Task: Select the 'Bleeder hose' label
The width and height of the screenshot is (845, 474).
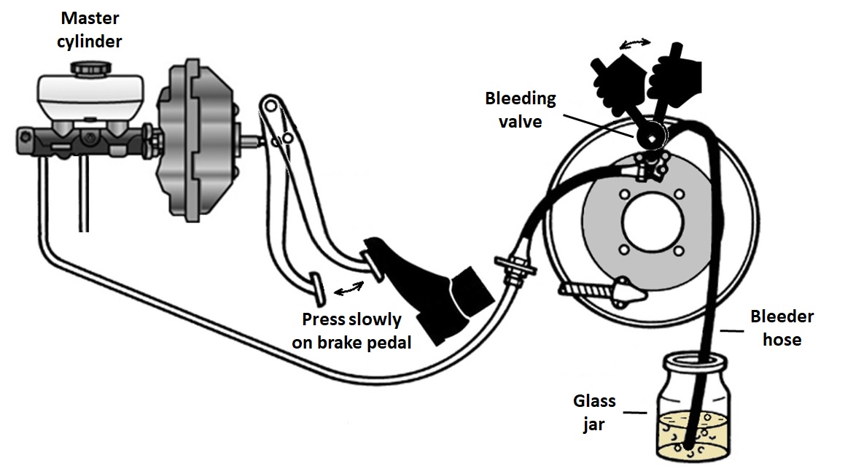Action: coord(782,327)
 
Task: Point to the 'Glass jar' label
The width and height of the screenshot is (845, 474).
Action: coord(594,412)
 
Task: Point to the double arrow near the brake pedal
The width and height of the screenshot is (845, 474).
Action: coord(349,290)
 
